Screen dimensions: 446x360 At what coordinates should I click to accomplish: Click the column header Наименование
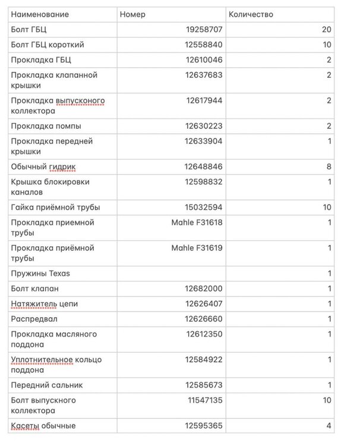(40, 14)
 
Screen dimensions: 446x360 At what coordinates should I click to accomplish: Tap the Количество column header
(252, 14)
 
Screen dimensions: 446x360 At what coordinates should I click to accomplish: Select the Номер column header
(132, 14)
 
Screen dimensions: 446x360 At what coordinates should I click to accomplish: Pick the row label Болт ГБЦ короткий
(48, 45)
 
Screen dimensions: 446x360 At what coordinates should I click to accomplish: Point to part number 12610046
(204, 60)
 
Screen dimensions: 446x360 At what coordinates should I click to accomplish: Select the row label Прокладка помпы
(46, 126)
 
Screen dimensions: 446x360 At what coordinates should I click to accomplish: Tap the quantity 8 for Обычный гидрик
(329, 167)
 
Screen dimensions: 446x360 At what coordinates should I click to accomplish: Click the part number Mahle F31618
(197, 222)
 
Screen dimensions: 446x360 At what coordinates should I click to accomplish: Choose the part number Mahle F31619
(197, 248)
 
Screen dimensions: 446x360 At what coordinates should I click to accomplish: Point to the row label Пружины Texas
(40, 274)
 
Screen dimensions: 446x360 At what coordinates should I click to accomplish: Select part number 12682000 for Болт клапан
(204, 289)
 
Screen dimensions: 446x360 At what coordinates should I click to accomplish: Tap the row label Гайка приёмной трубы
(55, 208)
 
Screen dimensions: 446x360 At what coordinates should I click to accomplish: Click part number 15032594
(204, 208)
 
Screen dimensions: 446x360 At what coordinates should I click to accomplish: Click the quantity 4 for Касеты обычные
(329, 426)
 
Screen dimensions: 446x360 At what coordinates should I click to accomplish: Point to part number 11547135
(205, 400)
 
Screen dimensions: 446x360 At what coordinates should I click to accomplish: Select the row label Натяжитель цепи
(45, 304)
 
